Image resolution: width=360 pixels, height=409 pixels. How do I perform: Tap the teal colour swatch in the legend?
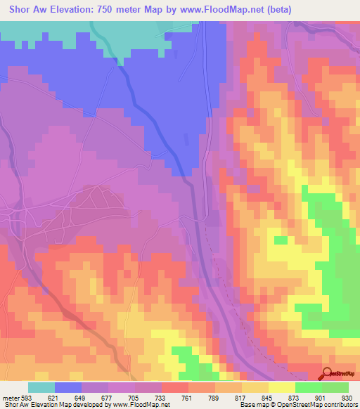pyautogui.click(x=41, y=387)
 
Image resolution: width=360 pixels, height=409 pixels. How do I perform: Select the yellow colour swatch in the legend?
pyautogui.click(x=282, y=387)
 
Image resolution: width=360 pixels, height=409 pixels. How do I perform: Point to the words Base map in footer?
pyautogui.click(x=247, y=404)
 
